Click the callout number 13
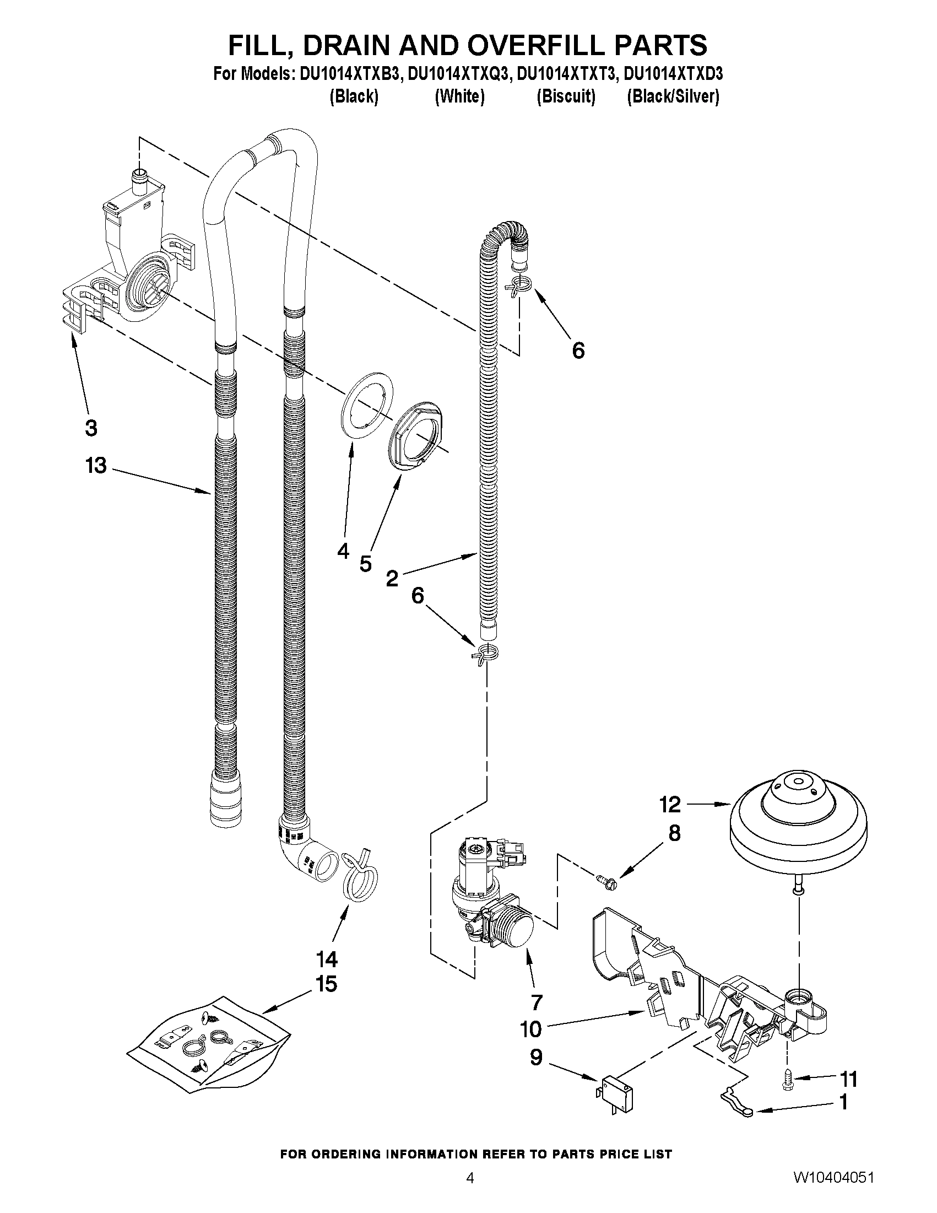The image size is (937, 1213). coord(95,466)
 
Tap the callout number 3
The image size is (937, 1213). coord(91,428)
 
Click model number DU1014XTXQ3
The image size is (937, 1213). coord(458,74)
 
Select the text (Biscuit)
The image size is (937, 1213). coord(566,96)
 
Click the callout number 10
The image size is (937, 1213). coord(530,1029)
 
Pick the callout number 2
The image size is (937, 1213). coord(392,579)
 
